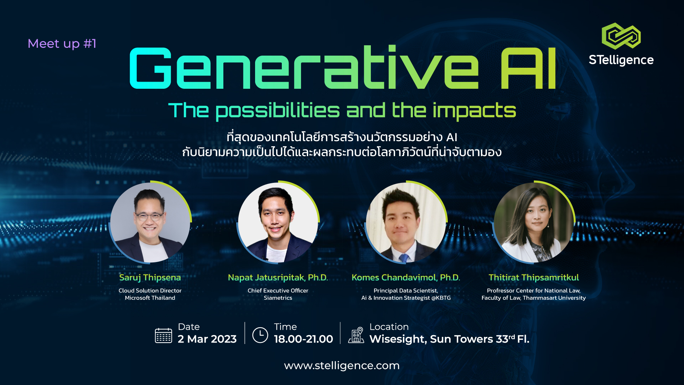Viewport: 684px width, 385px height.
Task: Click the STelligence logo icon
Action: pos(621,36)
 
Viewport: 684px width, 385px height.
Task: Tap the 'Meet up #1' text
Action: pos(62,44)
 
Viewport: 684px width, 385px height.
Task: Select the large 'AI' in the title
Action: pos(528,68)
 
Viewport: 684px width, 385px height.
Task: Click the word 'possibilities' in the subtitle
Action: pos(278,111)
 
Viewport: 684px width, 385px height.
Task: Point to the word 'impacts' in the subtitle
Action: pos(475,111)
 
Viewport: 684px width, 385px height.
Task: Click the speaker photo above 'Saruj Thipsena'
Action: pos(150,222)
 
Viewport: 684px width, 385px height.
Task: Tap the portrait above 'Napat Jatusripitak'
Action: pos(278,222)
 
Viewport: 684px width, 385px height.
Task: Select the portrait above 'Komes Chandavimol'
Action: pos(406,222)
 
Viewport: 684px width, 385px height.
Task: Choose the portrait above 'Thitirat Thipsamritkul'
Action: pos(534,222)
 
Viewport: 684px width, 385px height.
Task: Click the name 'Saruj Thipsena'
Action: pos(150,278)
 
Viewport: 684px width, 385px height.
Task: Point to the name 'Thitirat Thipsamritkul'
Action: pos(534,278)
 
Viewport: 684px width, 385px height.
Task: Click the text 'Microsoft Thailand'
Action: pos(150,298)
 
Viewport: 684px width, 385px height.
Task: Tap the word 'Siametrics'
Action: pos(278,298)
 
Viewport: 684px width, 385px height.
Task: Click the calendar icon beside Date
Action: pos(164,335)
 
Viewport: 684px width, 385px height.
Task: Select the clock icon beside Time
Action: pos(260,335)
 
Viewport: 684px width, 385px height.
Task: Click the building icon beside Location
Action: pos(356,335)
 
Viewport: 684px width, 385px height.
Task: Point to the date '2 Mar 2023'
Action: pos(207,339)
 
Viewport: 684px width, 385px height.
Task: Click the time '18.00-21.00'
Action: pos(304,339)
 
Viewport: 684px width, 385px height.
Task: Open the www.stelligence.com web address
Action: pos(342,366)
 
